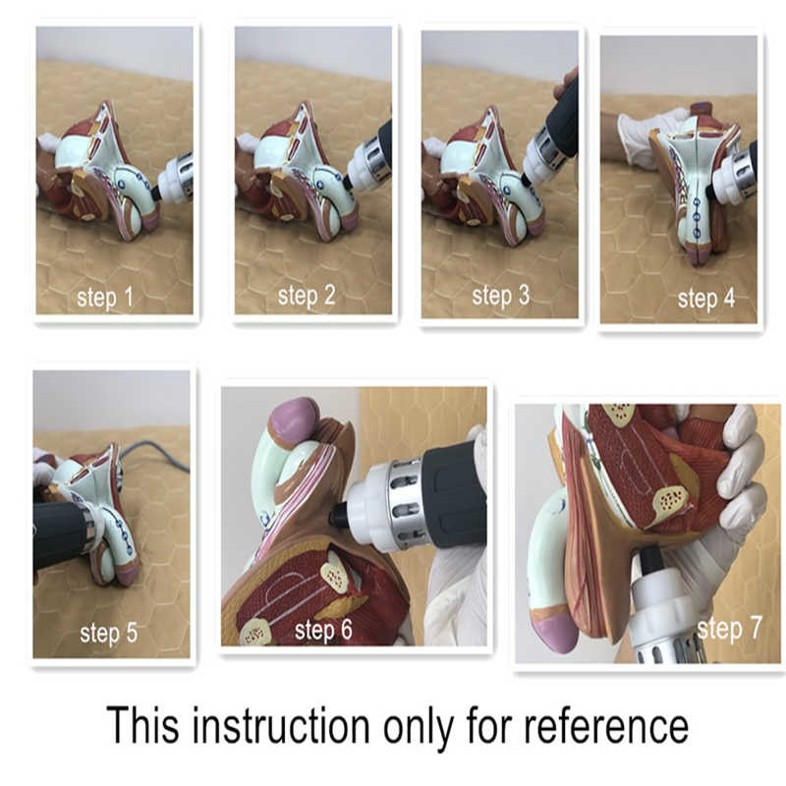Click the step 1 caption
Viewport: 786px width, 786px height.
coord(105,298)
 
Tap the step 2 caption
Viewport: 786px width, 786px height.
coord(307,296)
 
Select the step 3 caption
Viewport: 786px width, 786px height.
coord(500,296)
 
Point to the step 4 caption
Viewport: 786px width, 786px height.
coord(705,299)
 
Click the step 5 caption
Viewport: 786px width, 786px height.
coord(108,633)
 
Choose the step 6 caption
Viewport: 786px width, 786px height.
coord(323,630)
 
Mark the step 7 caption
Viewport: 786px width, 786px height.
coord(729,628)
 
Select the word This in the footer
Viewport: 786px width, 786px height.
coord(142,724)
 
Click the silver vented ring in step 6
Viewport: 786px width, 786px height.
coord(405,505)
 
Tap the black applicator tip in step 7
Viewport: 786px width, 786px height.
coord(650,560)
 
